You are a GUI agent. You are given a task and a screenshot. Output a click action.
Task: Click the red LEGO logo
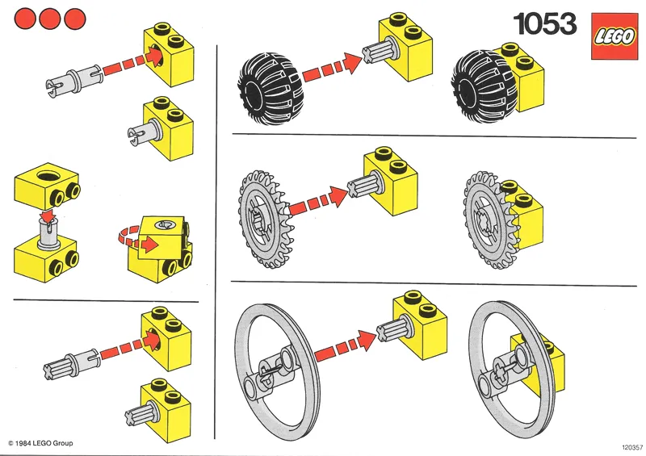point(614,36)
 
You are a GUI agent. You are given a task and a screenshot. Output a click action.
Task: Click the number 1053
point(546,25)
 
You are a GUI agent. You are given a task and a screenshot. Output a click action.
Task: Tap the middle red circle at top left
point(51,17)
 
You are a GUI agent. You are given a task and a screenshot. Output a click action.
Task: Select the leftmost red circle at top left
point(27,17)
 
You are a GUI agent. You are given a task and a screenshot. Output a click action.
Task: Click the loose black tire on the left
point(268,79)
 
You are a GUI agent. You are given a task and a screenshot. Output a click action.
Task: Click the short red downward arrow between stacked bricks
point(48,215)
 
